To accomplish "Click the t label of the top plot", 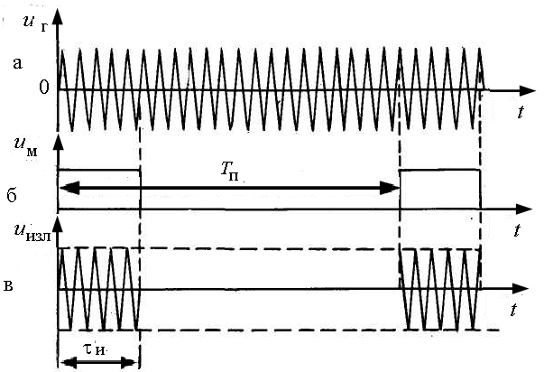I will coord(522,111).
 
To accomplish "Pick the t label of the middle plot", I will coord(517,229).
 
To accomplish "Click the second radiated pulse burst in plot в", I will coord(440,289).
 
